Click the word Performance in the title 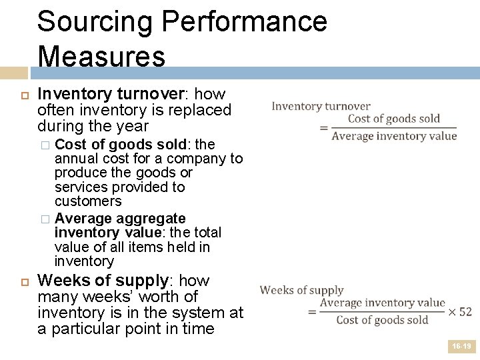[243, 22]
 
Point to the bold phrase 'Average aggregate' [120, 219]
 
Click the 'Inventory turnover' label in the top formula [321, 106]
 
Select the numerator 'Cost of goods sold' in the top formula [394, 119]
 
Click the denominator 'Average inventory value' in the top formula [394, 136]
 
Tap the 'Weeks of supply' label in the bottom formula [301, 290]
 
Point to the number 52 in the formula [465, 311]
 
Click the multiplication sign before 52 [451, 311]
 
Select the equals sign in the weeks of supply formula [312, 311]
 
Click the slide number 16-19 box [461, 347]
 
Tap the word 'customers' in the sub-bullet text [88, 201]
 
